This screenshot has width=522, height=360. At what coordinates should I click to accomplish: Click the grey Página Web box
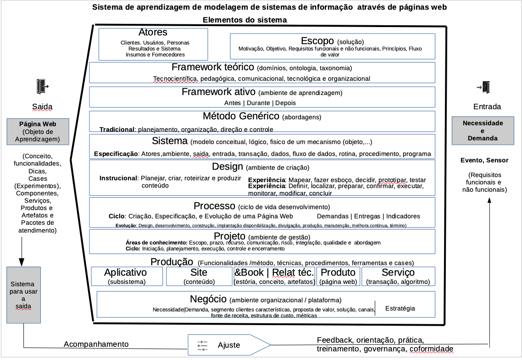pos(38,132)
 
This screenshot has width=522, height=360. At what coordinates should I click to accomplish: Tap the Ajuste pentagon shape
pos(228,345)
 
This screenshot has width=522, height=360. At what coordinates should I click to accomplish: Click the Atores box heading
pos(153,33)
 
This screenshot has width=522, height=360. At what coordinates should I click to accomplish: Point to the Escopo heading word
pos(317,41)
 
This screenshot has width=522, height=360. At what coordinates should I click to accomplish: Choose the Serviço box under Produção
pos(398,277)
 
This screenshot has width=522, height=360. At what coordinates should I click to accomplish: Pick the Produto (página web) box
pos(338,277)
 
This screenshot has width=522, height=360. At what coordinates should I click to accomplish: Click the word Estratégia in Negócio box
pos(400,308)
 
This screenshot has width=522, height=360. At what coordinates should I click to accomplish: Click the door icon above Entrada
pos(485,86)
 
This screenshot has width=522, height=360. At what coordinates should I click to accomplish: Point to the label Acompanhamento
pos(96,344)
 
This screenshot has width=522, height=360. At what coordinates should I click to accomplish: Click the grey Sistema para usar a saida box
pos(24,294)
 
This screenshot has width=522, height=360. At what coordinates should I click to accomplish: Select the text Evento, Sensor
pos(484,160)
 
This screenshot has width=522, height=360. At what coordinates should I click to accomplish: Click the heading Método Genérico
pos(241,116)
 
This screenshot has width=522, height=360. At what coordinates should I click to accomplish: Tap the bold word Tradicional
pos(117,129)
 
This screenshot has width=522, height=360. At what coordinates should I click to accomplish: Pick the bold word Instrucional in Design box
pos(118,178)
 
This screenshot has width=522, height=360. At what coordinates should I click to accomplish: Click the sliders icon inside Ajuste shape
pos(202,345)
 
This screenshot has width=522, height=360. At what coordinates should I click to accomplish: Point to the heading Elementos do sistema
pos(244,20)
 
